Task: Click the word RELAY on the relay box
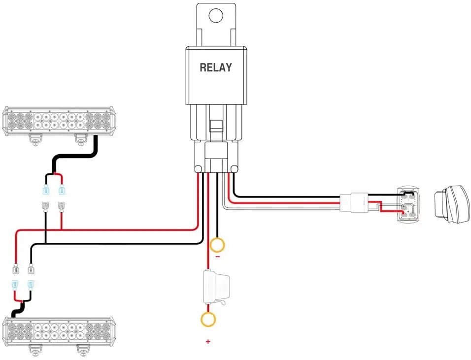[x=215, y=67]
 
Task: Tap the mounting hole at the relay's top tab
[x=216, y=15]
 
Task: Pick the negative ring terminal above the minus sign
[x=217, y=244]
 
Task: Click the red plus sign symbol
[x=208, y=341]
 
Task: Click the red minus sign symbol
[x=217, y=257]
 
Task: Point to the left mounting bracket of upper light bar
[x=35, y=139]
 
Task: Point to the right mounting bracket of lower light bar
[x=82, y=350]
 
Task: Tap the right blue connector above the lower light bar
[x=31, y=284]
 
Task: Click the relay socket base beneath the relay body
[x=216, y=155]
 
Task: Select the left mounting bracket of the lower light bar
[x=35, y=350]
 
